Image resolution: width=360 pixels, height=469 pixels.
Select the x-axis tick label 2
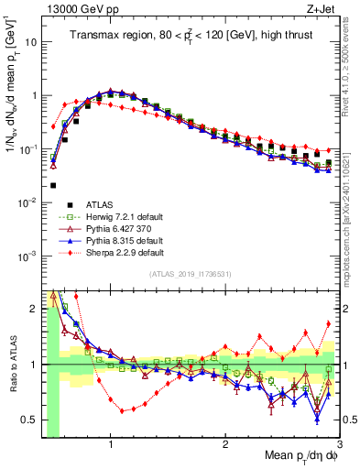[x=225, y=443]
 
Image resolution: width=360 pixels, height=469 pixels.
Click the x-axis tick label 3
[x=339, y=443]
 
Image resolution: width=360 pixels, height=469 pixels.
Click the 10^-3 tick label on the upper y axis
[x=28, y=256]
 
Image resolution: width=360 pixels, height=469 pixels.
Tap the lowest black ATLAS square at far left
[x=53, y=185]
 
